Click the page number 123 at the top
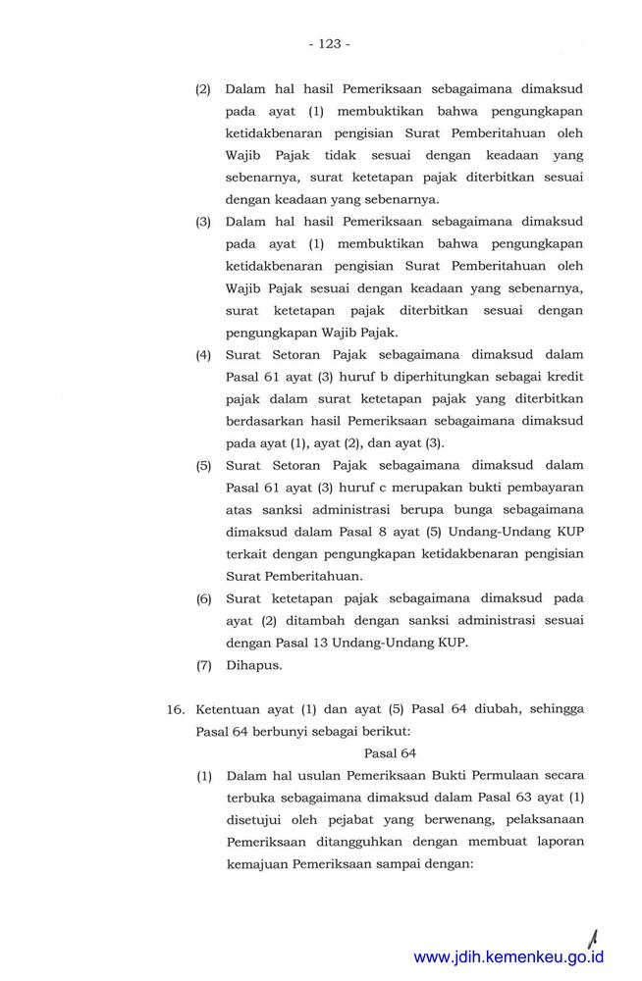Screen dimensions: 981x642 [328, 44]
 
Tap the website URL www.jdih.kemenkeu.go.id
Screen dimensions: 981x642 [508, 956]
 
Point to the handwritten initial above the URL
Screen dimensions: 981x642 [593, 927]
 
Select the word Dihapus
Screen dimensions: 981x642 [254, 665]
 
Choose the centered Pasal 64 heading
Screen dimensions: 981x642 [391, 753]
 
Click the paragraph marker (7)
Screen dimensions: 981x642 [204, 665]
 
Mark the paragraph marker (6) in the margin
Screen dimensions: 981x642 [204, 597]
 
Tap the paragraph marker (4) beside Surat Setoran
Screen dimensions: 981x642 [204, 354]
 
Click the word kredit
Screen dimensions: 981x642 [563, 377]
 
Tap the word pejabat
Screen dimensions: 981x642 [350, 821]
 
